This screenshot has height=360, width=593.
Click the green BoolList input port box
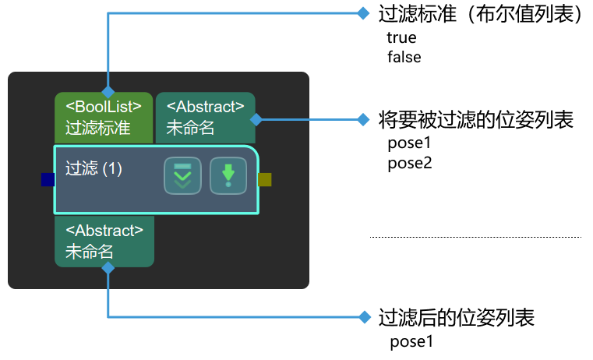point(104,118)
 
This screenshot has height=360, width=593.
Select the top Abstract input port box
point(206,118)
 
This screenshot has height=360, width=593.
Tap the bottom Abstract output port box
point(104,242)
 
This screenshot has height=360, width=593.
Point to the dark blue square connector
point(48,180)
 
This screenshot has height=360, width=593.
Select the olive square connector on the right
point(265,180)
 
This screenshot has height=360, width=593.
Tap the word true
point(401,37)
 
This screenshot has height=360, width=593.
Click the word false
point(404,57)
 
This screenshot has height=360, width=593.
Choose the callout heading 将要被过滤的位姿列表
point(475,120)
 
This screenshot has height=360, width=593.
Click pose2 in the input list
point(409,163)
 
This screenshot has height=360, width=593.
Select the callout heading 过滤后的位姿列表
point(456,317)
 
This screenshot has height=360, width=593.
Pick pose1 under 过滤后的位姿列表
point(411,341)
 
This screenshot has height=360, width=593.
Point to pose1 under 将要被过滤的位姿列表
point(409,143)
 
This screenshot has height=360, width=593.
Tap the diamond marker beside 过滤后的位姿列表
point(362,316)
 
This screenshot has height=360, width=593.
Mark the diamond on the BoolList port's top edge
point(108,92)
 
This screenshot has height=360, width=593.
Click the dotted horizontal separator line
point(475,236)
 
